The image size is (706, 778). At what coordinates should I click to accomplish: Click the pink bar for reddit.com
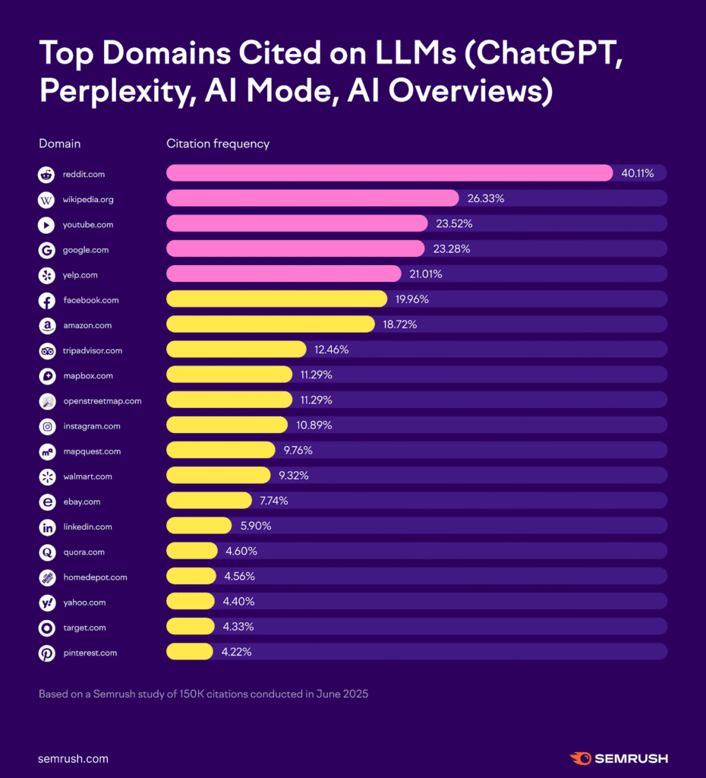pos(389,173)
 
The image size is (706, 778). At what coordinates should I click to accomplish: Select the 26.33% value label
pos(486,198)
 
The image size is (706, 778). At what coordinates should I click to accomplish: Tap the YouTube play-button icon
pos(46,225)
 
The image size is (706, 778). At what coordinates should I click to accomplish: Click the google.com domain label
pos(86,250)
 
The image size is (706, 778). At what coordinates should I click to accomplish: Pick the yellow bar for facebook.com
pos(276,299)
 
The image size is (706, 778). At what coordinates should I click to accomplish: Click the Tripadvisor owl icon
pos(46,350)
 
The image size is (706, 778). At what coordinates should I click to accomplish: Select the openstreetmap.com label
pos(102,400)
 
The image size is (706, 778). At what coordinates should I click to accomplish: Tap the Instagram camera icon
pos(46,426)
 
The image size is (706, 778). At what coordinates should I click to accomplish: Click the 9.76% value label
pos(298,451)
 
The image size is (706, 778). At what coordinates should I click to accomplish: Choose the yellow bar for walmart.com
pos(218,476)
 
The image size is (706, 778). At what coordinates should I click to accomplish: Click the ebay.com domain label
pos(82,501)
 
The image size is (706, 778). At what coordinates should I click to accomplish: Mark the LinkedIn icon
pos(46,527)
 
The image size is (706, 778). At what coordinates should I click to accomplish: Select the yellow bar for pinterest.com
pos(189,652)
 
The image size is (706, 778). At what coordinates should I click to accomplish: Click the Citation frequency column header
pos(218,144)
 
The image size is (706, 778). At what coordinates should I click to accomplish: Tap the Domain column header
pos(59,144)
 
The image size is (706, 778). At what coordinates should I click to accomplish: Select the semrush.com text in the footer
pos(73,758)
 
